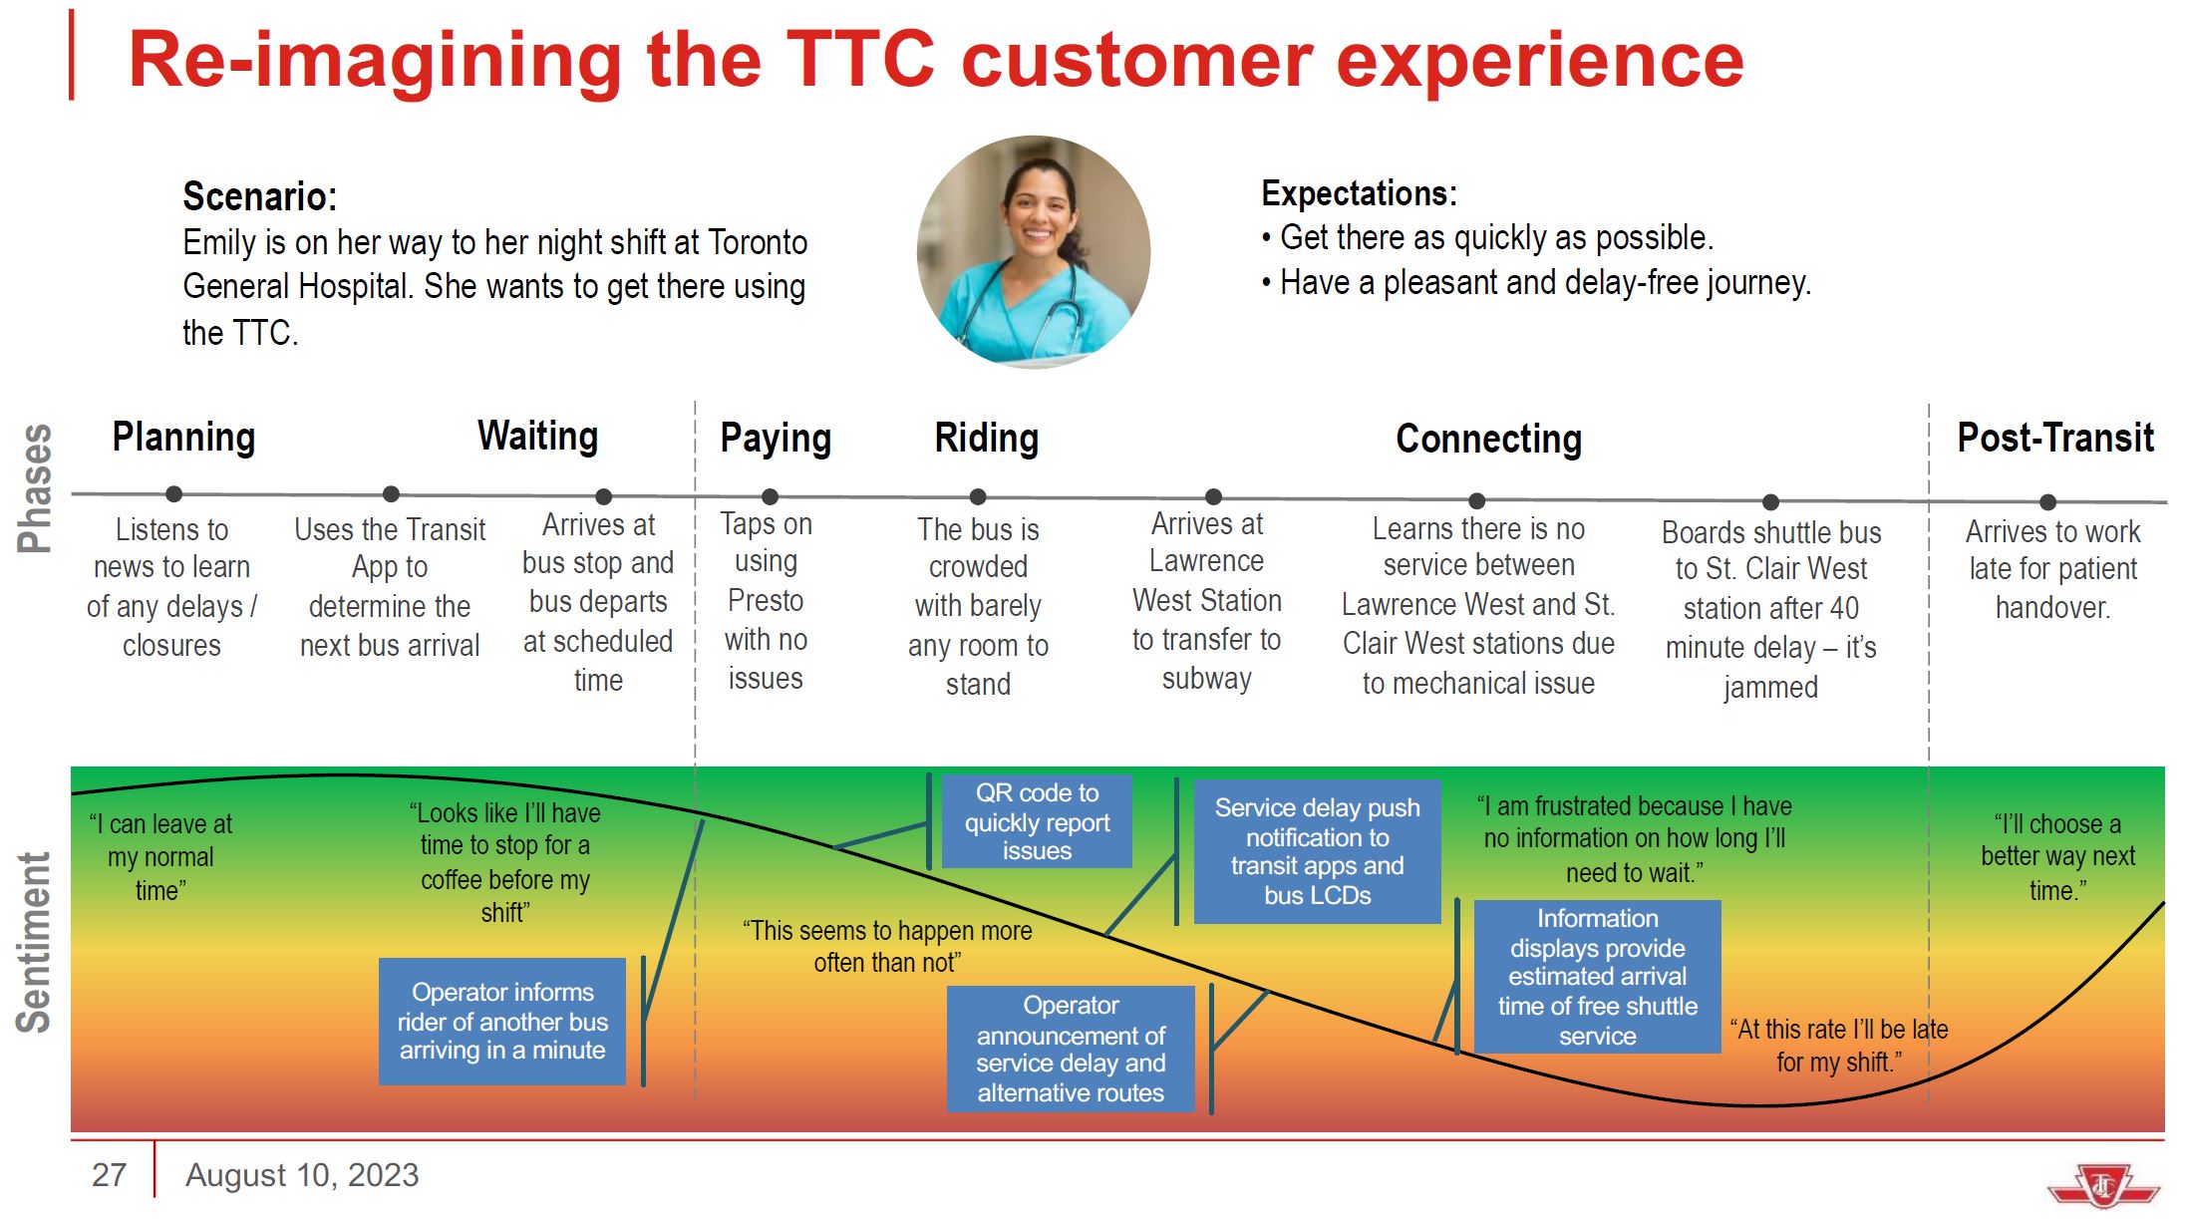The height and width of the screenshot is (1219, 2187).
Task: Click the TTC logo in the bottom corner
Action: pos(2103,1185)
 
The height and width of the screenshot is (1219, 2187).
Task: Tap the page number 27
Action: pos(109,1175)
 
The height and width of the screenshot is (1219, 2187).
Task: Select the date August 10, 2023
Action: pos(302,1176)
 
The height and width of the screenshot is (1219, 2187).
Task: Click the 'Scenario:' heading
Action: pos(259,196)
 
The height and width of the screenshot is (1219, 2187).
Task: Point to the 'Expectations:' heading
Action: pos(1359,193)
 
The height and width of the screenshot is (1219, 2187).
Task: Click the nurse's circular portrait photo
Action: pos(1034,251)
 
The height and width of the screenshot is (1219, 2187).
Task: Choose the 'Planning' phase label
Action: pos(183,438)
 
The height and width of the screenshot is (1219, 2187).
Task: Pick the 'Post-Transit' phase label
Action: pos(2055,438)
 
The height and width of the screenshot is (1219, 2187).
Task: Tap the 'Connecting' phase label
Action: pos(1488,440)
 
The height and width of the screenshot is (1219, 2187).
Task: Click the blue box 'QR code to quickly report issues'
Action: pos(1037,821)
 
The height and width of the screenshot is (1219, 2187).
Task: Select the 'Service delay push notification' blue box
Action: pos(1317,851)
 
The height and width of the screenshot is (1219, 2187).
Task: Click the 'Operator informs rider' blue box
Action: pos(502,1021)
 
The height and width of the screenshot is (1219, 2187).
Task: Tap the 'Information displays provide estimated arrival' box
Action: pos(1597,977)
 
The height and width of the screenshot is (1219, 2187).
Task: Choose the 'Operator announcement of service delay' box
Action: pos(1071,1049)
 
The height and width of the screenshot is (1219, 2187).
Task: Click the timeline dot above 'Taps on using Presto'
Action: pos(770,496)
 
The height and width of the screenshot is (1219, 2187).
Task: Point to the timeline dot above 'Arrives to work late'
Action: pos(2047,502)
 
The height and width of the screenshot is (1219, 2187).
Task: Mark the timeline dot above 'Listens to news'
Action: pos(173,493)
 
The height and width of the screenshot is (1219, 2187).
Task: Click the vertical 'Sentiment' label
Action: pos(34,942)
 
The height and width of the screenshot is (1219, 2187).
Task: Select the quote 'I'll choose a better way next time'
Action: pos(2057,857)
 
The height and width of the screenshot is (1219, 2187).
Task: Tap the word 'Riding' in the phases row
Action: pos(987,439)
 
